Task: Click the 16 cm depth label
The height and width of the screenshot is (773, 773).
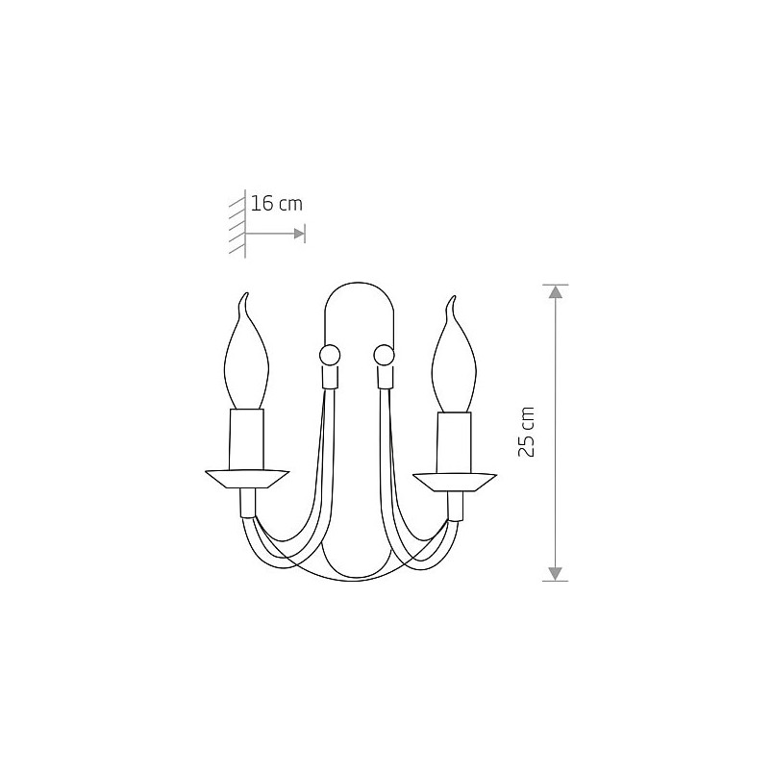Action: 277,203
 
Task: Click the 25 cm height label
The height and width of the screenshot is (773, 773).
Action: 527,433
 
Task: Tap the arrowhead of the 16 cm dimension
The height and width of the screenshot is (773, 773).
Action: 299,234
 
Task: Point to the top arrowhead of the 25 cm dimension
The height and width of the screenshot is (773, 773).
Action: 556,292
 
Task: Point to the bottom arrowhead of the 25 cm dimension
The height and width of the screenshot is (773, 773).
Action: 556,574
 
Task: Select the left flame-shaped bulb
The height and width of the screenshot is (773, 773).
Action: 246,353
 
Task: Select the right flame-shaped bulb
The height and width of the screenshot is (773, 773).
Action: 455,355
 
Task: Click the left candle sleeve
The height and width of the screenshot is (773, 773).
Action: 246,439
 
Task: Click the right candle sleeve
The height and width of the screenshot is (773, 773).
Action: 455,442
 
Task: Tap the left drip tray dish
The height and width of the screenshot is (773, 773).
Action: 246,479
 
